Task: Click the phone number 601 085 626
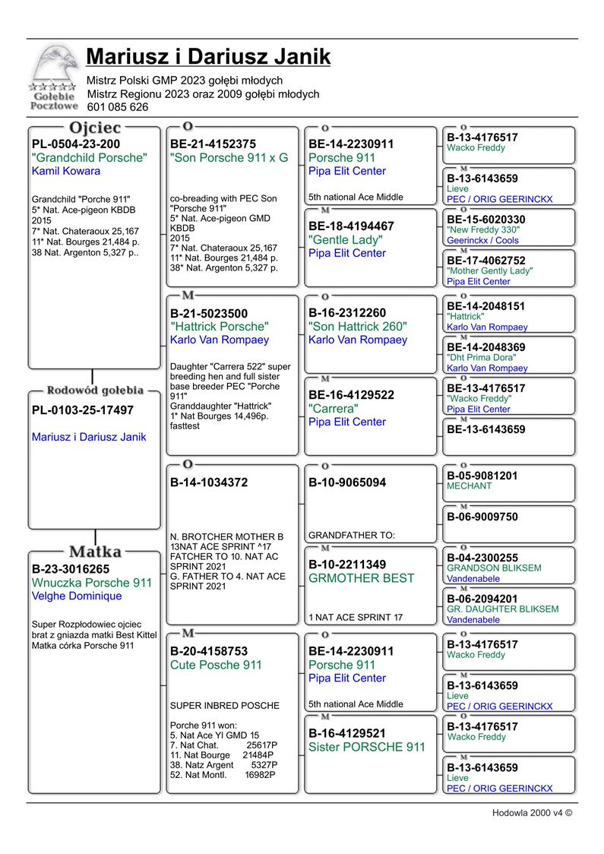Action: (118, 107)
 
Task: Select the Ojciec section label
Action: (95, 128)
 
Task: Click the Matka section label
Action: (95, 551)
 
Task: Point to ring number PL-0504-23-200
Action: (76, 144)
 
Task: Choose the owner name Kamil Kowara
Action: (66, 171)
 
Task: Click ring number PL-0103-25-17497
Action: (83, 410)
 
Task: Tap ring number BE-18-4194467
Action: (351, 226)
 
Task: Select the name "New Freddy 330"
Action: (483, 230)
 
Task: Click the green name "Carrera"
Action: (334, 408)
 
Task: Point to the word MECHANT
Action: (469, 486)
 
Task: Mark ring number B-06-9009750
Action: (482, 517)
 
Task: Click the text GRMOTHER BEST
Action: (362, 578)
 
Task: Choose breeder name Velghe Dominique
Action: (77, 596)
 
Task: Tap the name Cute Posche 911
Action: (216, 665)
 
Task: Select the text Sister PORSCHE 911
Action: (367, 747)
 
